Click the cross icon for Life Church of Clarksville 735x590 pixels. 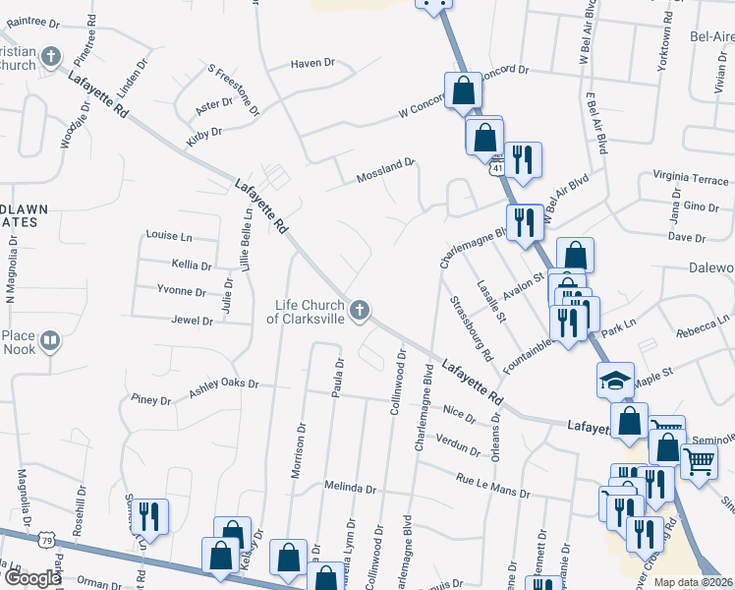click(361, 312)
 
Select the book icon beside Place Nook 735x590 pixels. click(49, 342)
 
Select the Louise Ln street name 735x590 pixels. click(168, 236)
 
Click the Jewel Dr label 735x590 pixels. click(192, 321)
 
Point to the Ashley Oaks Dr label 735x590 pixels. click(223, 387)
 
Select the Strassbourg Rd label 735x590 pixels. click(470, 326)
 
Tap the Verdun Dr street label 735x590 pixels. click(457, 445)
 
